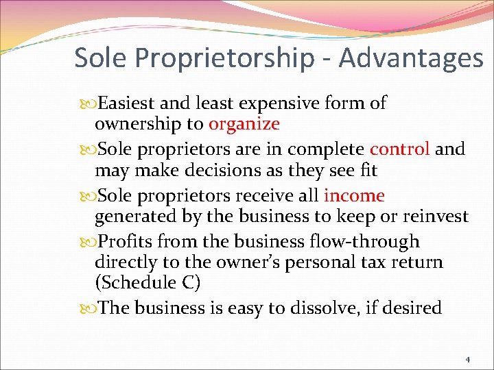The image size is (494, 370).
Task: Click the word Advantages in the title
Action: pos(410,58)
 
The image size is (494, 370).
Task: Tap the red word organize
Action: pos(244,124)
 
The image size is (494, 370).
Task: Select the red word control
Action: pos(399,149)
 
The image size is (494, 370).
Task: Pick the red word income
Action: pos(354,195)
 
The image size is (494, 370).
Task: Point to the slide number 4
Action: pos(468,358)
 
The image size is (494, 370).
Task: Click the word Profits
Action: pos(127,242)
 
